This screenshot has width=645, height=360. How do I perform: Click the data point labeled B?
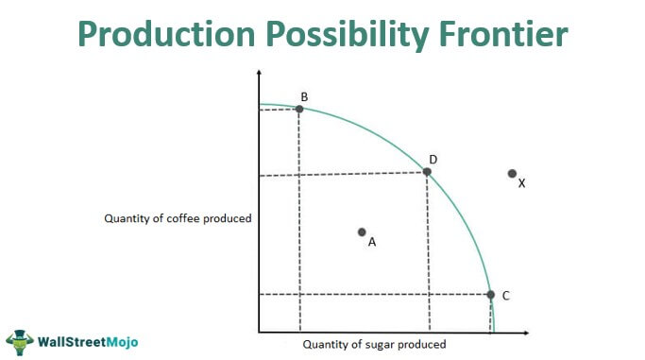[x=299, y=109]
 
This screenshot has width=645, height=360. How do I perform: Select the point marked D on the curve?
[x=427, y=171]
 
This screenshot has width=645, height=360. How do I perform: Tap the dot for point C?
[x=490, y=295]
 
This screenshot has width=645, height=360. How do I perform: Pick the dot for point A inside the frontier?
[x=362, y=231]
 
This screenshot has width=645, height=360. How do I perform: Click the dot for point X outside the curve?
[x=512, y=173]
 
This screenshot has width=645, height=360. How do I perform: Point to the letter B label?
[x=304, y=96]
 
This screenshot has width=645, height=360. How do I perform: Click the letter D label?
[x=433, y=159]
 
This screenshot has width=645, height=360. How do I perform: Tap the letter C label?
[x=506, y=296]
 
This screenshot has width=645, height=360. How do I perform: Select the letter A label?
[x=372, y=242]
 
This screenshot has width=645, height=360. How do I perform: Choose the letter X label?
[x=521, y=183]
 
